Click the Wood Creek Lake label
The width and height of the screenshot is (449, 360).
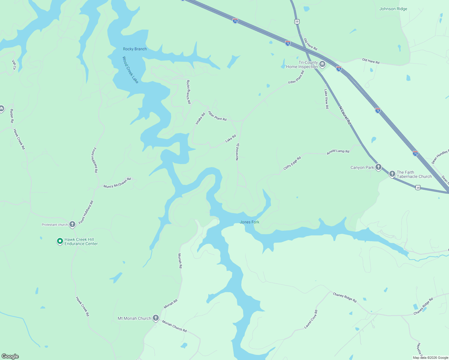point(130,70)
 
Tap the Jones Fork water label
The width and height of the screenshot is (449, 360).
point(249,222)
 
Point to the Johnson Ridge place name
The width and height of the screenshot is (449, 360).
point(393,9)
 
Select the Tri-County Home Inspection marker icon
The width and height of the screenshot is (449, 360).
point(322,64)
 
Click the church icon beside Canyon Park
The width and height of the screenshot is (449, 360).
point(378,167)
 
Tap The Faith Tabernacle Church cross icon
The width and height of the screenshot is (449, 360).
point(392,174)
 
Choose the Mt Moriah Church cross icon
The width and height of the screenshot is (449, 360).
point(155,318)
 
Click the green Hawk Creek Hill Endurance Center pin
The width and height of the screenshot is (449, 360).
point(60,241)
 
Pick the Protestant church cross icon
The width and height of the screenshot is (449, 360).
point(72,224)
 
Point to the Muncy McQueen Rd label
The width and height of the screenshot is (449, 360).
point(117,183)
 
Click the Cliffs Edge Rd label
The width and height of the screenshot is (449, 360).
point(292,163)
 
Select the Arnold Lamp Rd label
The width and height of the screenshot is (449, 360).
point(338,151)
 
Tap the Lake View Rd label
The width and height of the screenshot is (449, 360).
point(326,99)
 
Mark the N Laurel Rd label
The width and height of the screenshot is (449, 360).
point(345,115)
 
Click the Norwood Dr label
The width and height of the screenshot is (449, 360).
point(237,151)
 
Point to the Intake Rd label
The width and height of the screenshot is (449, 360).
point(200,118)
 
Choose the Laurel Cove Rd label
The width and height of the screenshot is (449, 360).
point(311,319)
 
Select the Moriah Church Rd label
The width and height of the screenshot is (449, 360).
point(174,326)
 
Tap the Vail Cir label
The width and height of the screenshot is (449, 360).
point(14,65)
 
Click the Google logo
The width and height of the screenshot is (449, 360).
point(10,356)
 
